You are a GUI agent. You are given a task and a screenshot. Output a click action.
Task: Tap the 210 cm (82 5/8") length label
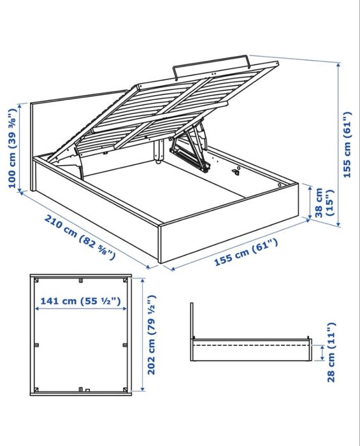pos(80,238)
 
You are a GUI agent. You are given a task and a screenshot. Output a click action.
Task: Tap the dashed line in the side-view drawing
pos(252,345)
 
